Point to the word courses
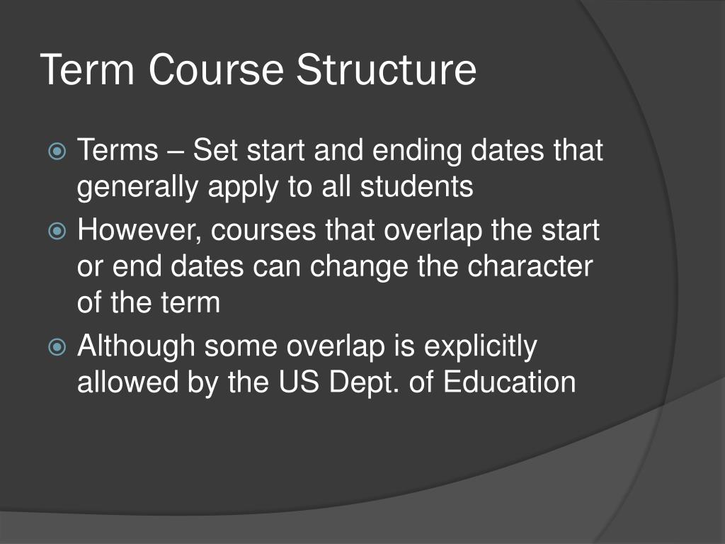click(266, 232)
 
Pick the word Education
click(509, 382)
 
